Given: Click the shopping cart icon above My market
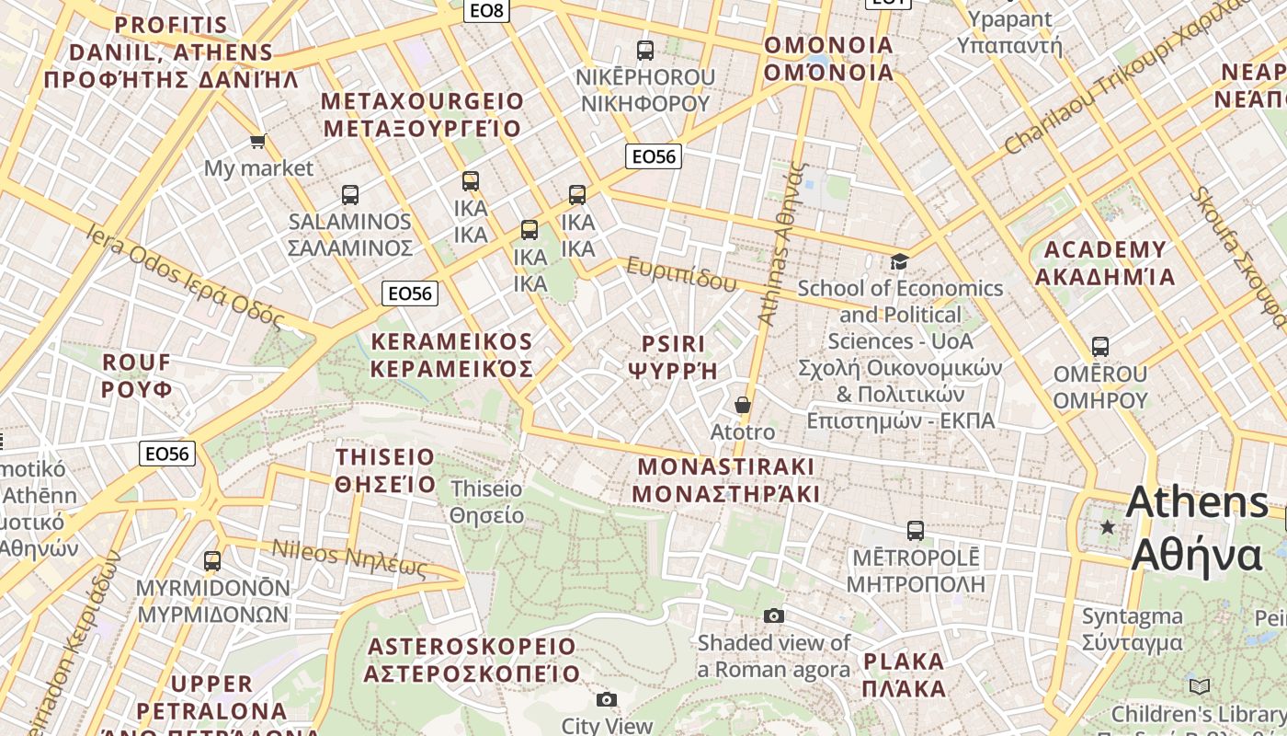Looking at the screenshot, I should (258, 141).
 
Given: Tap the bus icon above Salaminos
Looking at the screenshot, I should (350, 195).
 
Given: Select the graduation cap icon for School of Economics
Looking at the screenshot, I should (899, 262).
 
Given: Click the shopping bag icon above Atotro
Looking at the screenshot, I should (743, 405).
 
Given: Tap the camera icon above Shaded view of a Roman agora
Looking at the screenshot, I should (774, 615).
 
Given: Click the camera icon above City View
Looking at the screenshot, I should (607, 700).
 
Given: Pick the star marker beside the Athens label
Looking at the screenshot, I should (1108, 527).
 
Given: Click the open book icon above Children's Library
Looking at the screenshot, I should (1200, 686).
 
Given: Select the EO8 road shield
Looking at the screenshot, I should (485, 10).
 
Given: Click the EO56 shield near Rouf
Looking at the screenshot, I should (167, 453).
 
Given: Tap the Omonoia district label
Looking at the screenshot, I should (829, 58).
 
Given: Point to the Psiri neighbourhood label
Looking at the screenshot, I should (673, 357).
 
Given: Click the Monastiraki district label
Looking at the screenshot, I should (726, 479).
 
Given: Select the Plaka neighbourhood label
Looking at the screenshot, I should (905, 674).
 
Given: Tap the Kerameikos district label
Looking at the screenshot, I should (451, 355).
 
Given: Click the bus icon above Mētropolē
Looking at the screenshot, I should (915, 531).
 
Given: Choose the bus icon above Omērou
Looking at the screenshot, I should (1100, 347).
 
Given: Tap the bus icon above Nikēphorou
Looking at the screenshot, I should (645, 51).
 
